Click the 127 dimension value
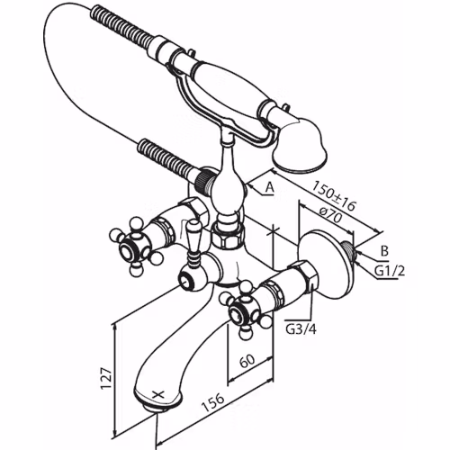tap(107, 378)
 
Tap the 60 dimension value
tap(247, 361)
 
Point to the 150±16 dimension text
tap(333, 195)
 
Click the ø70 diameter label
tap(330, 214)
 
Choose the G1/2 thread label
tap(390, 272)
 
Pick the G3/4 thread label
tap(301, 329)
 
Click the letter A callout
tap(270, 187)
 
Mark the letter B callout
tap(384, 251)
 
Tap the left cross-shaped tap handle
tap(132, 246)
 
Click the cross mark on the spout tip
tap(158, 394)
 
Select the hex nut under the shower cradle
tap(228, 237)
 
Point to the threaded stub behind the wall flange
tap(349, 251)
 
